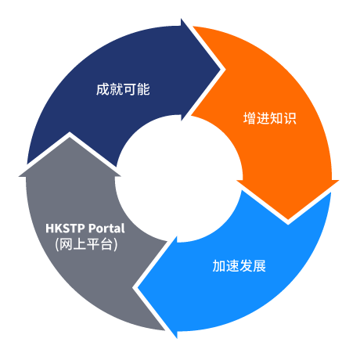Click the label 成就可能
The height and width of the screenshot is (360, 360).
coord(123,89)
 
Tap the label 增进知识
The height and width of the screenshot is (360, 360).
coord(270,118)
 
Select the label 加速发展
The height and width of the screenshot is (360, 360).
coord(239,266)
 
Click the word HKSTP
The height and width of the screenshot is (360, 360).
coord(65,229)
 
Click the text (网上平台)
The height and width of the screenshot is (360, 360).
coord(86,244)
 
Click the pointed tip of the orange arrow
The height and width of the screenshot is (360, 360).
coord(288,220)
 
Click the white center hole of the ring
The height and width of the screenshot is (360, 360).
coord(179,178)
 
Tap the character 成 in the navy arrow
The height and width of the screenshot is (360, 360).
coord(103,89)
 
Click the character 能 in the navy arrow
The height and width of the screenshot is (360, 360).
coord(143,89)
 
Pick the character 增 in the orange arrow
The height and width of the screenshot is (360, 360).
coord(250,118)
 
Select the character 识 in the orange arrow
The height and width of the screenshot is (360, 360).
coord(290,118)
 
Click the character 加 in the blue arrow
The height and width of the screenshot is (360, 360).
coord(219,266)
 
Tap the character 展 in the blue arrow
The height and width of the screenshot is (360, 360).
coord(260,266)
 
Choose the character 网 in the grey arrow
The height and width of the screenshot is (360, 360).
coord(66,244)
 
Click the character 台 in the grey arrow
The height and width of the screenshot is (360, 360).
coord(106,244)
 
